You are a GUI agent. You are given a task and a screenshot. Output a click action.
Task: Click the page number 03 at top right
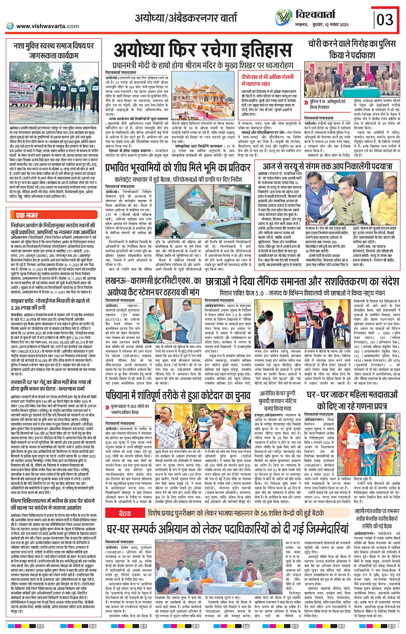385,19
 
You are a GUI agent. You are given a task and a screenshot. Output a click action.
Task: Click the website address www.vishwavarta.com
47,26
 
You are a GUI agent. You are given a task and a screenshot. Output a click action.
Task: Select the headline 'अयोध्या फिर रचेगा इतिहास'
203,51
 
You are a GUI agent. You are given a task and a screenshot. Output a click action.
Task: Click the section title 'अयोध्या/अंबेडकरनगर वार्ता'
186,18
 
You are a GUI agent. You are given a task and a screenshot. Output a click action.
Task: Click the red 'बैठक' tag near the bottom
125,513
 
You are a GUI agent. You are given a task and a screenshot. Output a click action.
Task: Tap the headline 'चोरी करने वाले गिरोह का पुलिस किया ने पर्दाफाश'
351,49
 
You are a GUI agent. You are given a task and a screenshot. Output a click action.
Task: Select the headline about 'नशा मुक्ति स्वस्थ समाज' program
53,50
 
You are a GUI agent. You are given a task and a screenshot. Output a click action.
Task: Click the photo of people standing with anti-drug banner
53,93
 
